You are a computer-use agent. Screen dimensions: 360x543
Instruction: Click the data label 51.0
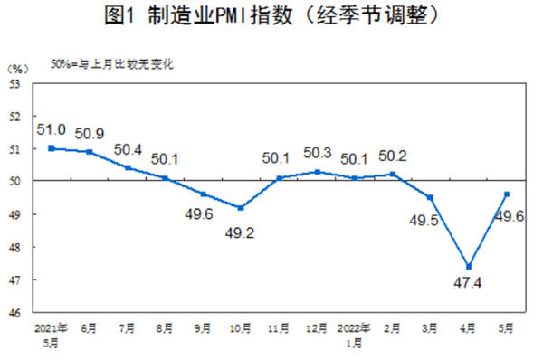(51, 129)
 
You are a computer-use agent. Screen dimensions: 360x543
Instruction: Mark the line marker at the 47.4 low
(468, 266)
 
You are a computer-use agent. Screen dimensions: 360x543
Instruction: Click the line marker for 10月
(240, 208)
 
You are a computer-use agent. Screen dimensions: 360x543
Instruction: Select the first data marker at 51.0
(51, 147)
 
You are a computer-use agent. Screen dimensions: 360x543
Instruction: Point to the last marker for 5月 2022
(506, 194)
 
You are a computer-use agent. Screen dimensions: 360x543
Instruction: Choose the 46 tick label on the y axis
(15, 313)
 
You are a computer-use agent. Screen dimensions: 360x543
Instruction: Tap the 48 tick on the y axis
(15, 247)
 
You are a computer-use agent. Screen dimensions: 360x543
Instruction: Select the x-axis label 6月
(89, 327)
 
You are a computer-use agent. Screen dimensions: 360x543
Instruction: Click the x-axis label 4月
(468, 327)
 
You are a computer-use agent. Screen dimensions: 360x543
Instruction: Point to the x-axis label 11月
(279, 327)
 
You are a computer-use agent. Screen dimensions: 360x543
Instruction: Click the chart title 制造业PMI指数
(271, 15)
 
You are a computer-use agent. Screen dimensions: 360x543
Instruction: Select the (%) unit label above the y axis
(17, 68)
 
